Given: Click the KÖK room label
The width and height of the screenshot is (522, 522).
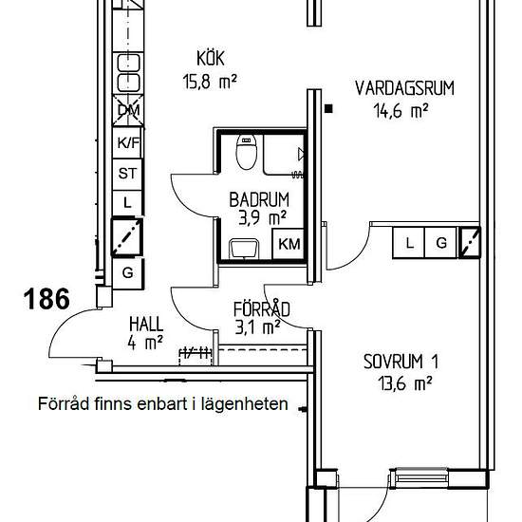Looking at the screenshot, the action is pos(211,58).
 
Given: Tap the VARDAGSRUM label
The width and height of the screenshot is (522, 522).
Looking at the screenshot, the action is pos(404,88).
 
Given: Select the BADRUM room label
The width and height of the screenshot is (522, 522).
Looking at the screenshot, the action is pos(259,199).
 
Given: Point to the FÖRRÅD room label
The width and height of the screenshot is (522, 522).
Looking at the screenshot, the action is pos(262,309).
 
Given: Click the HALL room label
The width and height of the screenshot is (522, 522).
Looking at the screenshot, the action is pos(146,324).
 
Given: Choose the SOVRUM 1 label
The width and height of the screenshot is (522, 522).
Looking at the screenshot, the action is pos(401,362).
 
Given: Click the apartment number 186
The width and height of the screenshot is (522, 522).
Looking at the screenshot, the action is pos(47,299).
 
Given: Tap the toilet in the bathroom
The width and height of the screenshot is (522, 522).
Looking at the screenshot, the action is pos(247,152).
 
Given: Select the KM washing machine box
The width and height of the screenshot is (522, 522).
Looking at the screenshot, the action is pos(289,244).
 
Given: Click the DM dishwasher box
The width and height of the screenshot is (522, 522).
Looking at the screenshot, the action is pos(128,110).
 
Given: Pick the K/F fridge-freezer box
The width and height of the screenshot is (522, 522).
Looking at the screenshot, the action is pos(127,142).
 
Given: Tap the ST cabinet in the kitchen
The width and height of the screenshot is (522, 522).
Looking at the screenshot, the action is pos(127,174).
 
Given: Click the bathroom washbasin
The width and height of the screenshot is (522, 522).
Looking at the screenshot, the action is pos(244,249).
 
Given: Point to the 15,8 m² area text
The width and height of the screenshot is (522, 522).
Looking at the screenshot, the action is pos(210,81).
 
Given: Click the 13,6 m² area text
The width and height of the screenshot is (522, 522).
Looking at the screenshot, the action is pos(405,383).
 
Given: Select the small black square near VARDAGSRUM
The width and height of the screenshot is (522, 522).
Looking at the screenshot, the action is pos(328,108).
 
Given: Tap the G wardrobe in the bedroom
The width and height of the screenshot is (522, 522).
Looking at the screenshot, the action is pos(441,243).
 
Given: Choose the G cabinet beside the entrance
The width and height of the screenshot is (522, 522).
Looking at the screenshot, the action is pos(128,273).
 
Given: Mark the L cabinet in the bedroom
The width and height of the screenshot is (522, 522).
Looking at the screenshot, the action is pos(409,243).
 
